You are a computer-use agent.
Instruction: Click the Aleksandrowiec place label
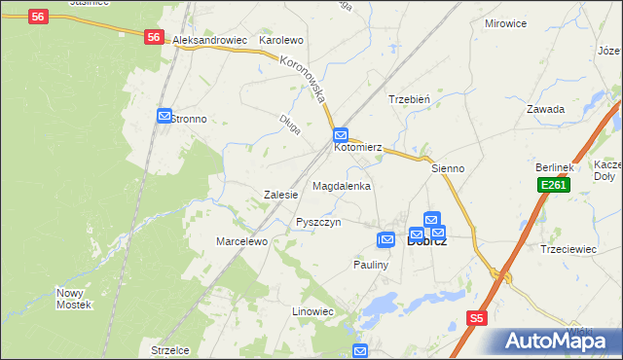208,41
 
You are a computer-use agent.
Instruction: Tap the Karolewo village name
281,41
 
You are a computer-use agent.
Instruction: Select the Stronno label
190,119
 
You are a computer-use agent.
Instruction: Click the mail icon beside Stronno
164,116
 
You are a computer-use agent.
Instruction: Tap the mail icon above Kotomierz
340,135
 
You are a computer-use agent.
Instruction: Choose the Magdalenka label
342,185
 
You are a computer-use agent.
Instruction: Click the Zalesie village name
280,195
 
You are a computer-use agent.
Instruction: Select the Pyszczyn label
318,222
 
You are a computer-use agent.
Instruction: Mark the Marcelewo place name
241,241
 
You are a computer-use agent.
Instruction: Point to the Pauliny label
372,265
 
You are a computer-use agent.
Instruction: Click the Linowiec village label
313,311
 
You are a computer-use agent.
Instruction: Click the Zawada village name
546,109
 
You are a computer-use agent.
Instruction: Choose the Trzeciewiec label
568,249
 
